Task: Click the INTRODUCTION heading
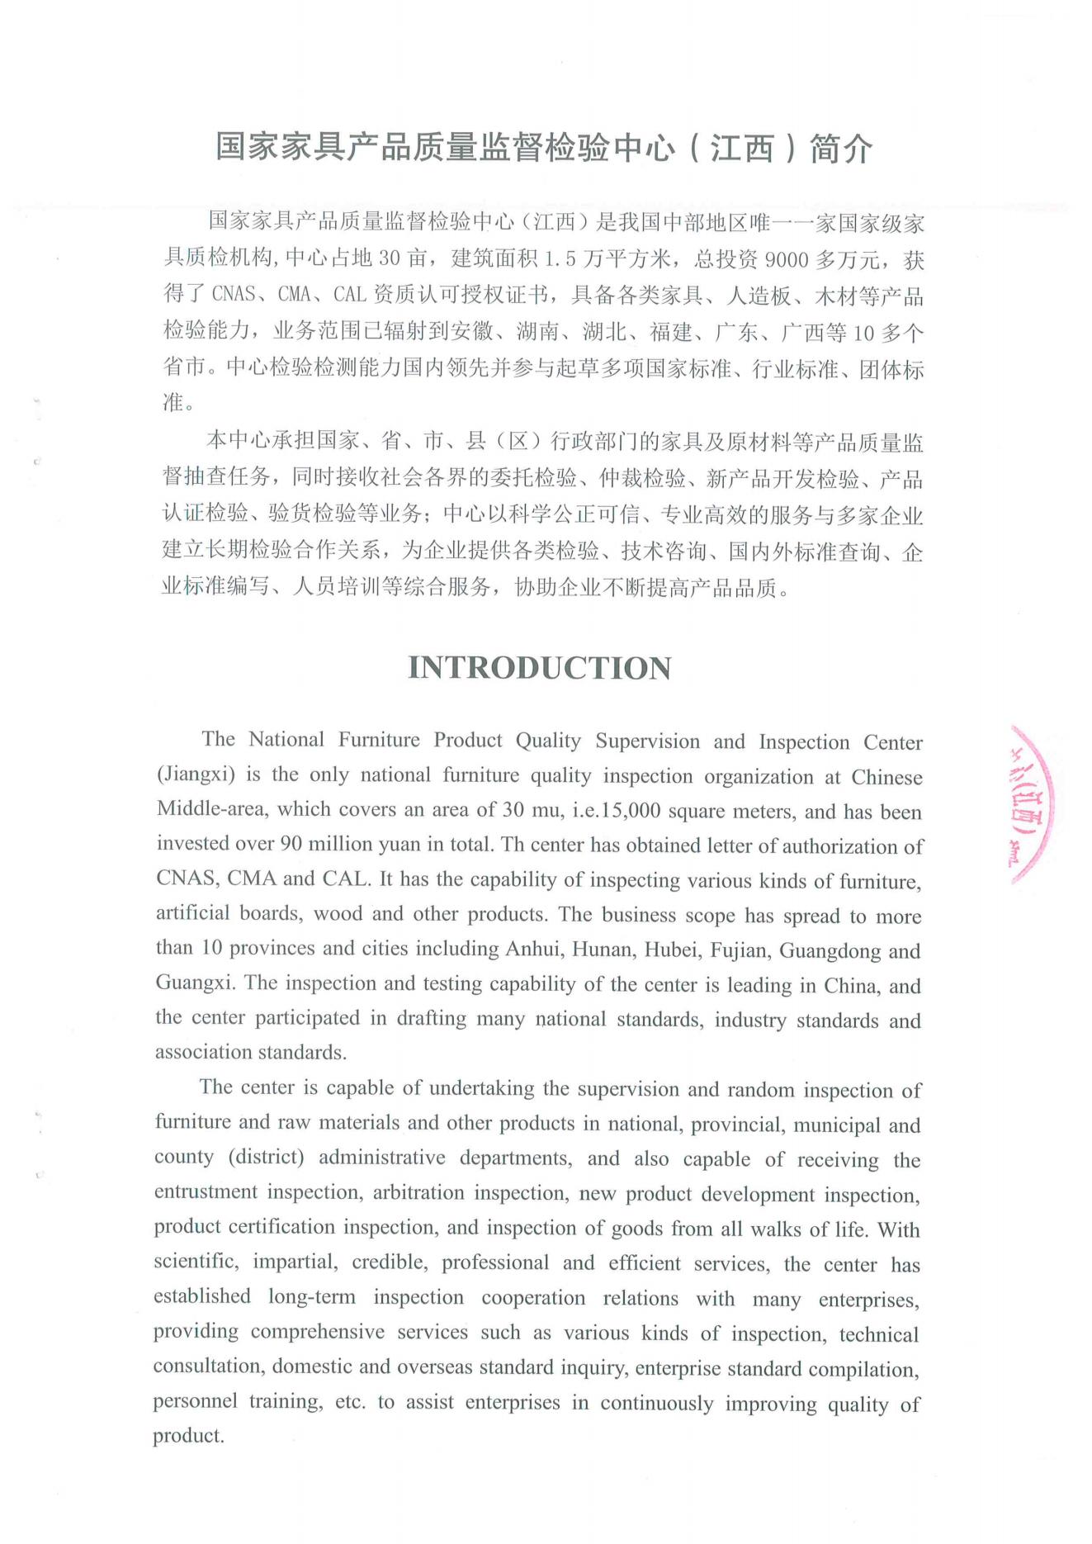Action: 540,668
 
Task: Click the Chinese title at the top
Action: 544,149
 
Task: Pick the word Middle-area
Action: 211,809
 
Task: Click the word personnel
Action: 195,1402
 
